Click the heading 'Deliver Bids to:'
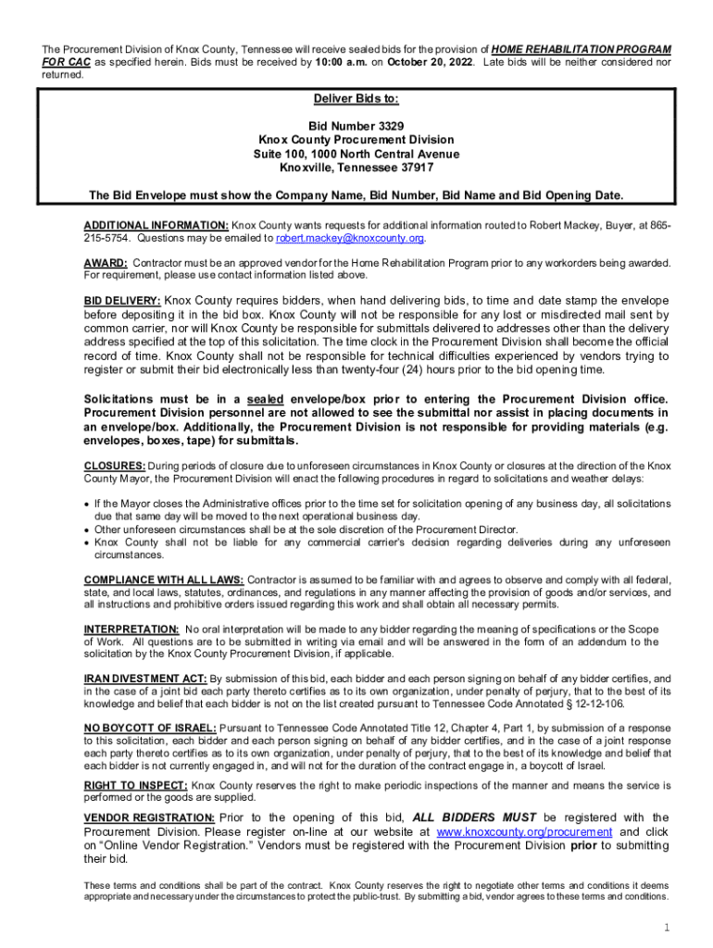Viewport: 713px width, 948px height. point(356,99)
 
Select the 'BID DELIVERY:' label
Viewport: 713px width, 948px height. point(122,301)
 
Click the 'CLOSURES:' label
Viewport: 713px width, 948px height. point(113,465)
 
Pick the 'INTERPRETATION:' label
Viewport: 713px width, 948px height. point(131,630)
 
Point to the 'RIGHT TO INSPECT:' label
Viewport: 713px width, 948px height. point(135,785)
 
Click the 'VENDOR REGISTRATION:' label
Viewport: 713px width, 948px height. point(149,817)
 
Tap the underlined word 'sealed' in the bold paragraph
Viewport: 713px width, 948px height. point(253,399)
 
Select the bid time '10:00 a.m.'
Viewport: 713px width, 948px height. point(343,62)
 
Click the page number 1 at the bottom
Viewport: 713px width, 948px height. point(666,928)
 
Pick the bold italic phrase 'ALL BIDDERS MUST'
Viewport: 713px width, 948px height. point(474,817)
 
